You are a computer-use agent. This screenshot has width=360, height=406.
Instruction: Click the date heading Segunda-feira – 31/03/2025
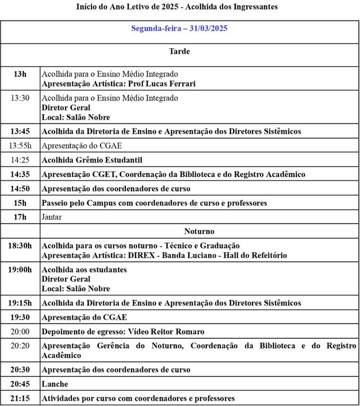tap(179, 29)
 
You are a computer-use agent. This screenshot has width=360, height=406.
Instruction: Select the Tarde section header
tap(179, 51)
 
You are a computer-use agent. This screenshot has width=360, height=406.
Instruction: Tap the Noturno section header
tap(199, 232)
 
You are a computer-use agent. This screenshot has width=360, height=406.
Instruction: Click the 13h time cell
tap(20, 74)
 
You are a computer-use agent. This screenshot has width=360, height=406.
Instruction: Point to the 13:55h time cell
tap(20, 145)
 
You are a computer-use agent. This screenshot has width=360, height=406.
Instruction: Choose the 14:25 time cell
tap(20, 160)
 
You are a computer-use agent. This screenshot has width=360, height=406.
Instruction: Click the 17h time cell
tap(20, 217)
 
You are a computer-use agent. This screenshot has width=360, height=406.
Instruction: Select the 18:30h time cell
tap(20, 246)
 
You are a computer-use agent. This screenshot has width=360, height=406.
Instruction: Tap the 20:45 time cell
tap(20, 384)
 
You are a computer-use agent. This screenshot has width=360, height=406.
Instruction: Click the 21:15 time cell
tap(20, 398)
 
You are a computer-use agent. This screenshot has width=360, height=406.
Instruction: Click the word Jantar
tap(52, 217)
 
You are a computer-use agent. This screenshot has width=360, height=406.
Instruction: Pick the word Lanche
tap(55, 384)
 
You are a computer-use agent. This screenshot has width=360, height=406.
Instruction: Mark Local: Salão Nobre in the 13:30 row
tap(76, 117)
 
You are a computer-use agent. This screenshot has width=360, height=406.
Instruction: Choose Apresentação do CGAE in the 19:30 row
tap(85, 318)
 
